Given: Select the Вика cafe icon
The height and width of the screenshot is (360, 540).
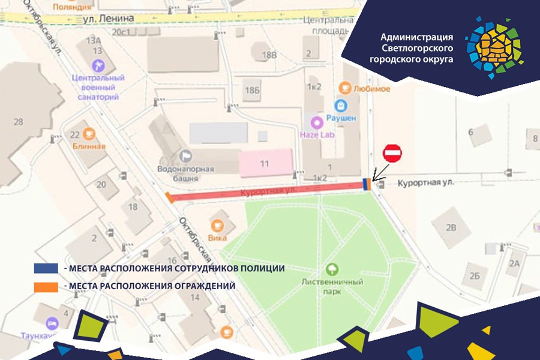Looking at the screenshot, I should pyautogui.click(x=216, y=226).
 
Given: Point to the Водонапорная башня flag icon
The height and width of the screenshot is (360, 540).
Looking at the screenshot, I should pyautogui.click(x=185, y=156).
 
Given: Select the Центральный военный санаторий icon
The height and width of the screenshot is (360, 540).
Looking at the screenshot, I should pyautogui.click(x=98, y=64).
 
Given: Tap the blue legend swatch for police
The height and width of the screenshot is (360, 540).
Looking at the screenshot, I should pyautogui.click(x=46, y=268).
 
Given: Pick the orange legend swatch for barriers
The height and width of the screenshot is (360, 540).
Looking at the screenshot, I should pyautogui.click(x=46, y=286).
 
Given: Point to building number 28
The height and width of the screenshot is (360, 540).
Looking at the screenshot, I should pyautogui.click(x=18, y=122).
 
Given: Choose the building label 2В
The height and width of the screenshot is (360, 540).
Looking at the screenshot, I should pyautogui.click(x=451, y=227).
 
